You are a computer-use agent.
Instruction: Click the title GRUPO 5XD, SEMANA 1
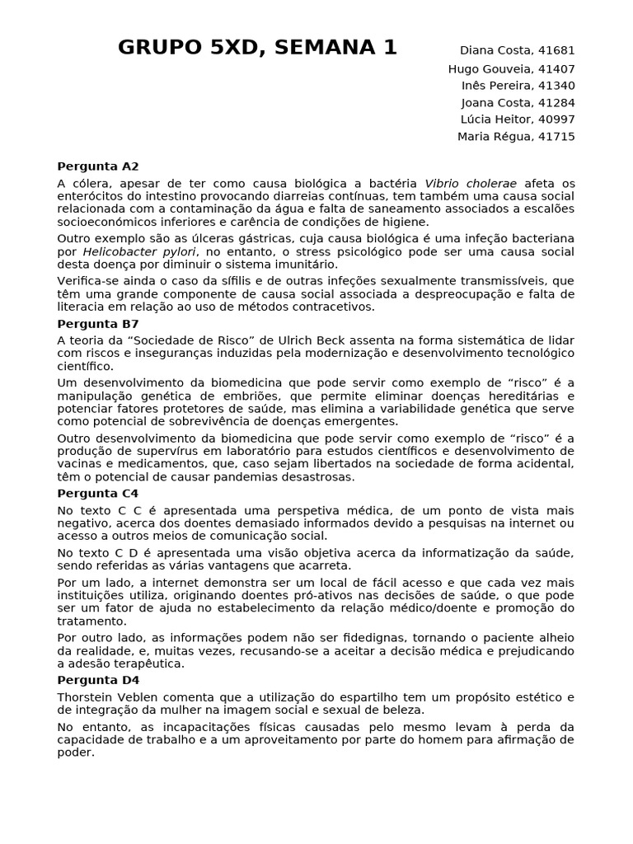tap(257, 49)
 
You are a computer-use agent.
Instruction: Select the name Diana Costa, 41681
tap(517, 51)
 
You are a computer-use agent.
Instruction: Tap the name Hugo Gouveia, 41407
tap(511, 69)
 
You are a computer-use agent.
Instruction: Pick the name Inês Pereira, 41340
tap(518, 86)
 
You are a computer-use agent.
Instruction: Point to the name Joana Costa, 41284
tap(518, 103)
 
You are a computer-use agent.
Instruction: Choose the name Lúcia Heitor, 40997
tap(518, 120)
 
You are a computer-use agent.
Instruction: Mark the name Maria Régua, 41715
tap(516, 137)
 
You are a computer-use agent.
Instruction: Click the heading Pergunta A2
tap(98, 166)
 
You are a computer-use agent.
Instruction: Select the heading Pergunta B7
tap(98, 324)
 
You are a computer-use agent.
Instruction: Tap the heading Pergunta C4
tap(98, 494)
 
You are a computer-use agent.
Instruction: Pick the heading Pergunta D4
tap(98, 680)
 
